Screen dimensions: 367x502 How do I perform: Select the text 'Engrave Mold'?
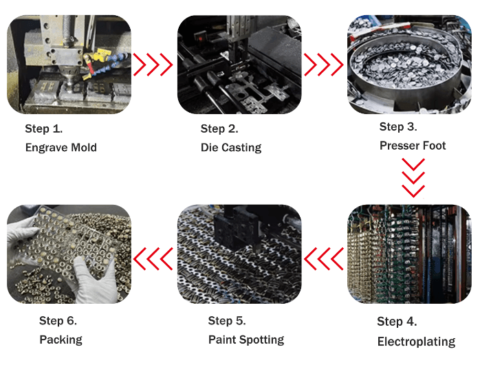click(x=61, y=147)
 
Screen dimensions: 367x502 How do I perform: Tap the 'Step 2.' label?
click(x=219, y=129)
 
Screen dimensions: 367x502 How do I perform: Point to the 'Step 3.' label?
click(x=398, y=126)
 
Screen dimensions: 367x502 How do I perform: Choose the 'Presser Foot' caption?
click(x=413, y=146)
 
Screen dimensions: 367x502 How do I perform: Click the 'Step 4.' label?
click(x=397, y=322)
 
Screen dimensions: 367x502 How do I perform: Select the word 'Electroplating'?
click(x=416, y=342)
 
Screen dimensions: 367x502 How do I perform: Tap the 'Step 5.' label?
click(x=227, y=320)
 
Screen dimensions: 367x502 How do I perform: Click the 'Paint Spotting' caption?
click(x=245, y=340)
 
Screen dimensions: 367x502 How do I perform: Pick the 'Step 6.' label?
click(x=58, y=320)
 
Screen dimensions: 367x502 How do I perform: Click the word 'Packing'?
click(x=61, y=340)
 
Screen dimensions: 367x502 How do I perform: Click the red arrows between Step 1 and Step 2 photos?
click(x=153, y=65)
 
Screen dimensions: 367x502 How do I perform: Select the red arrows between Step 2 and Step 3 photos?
click(x=324, y=65)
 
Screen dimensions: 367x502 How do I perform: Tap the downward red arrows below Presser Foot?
click(x=413, y=177)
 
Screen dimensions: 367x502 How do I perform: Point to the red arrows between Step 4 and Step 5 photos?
click(x=324, y=259)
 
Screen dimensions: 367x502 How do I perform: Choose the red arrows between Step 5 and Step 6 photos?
click(x=153, y=259)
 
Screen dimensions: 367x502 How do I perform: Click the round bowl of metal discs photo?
click(x=409, y=65)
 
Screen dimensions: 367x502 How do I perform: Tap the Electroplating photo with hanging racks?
click(x=409, y=254)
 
